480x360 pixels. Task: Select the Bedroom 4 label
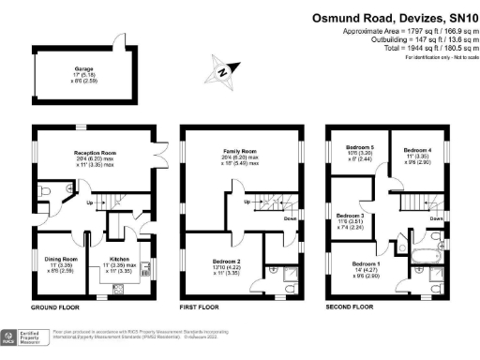click(x=417, y=150)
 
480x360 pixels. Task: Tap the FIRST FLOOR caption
click(x=198, y=307)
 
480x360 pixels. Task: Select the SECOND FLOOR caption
click(x=349, y=307)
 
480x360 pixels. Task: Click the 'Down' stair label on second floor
click(x=436, y=218)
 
